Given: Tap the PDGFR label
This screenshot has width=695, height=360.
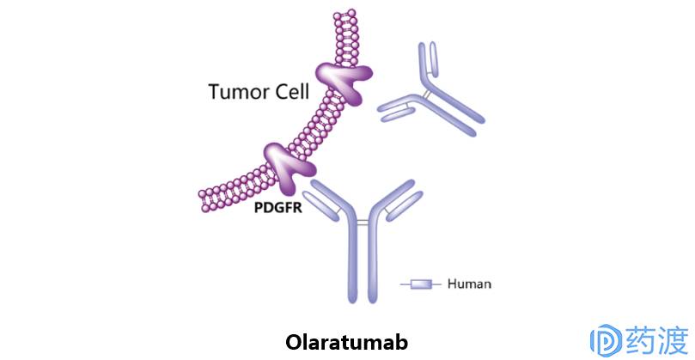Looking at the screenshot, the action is tap(277, 206).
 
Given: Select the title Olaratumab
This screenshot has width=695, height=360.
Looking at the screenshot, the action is tap(346, 341).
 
